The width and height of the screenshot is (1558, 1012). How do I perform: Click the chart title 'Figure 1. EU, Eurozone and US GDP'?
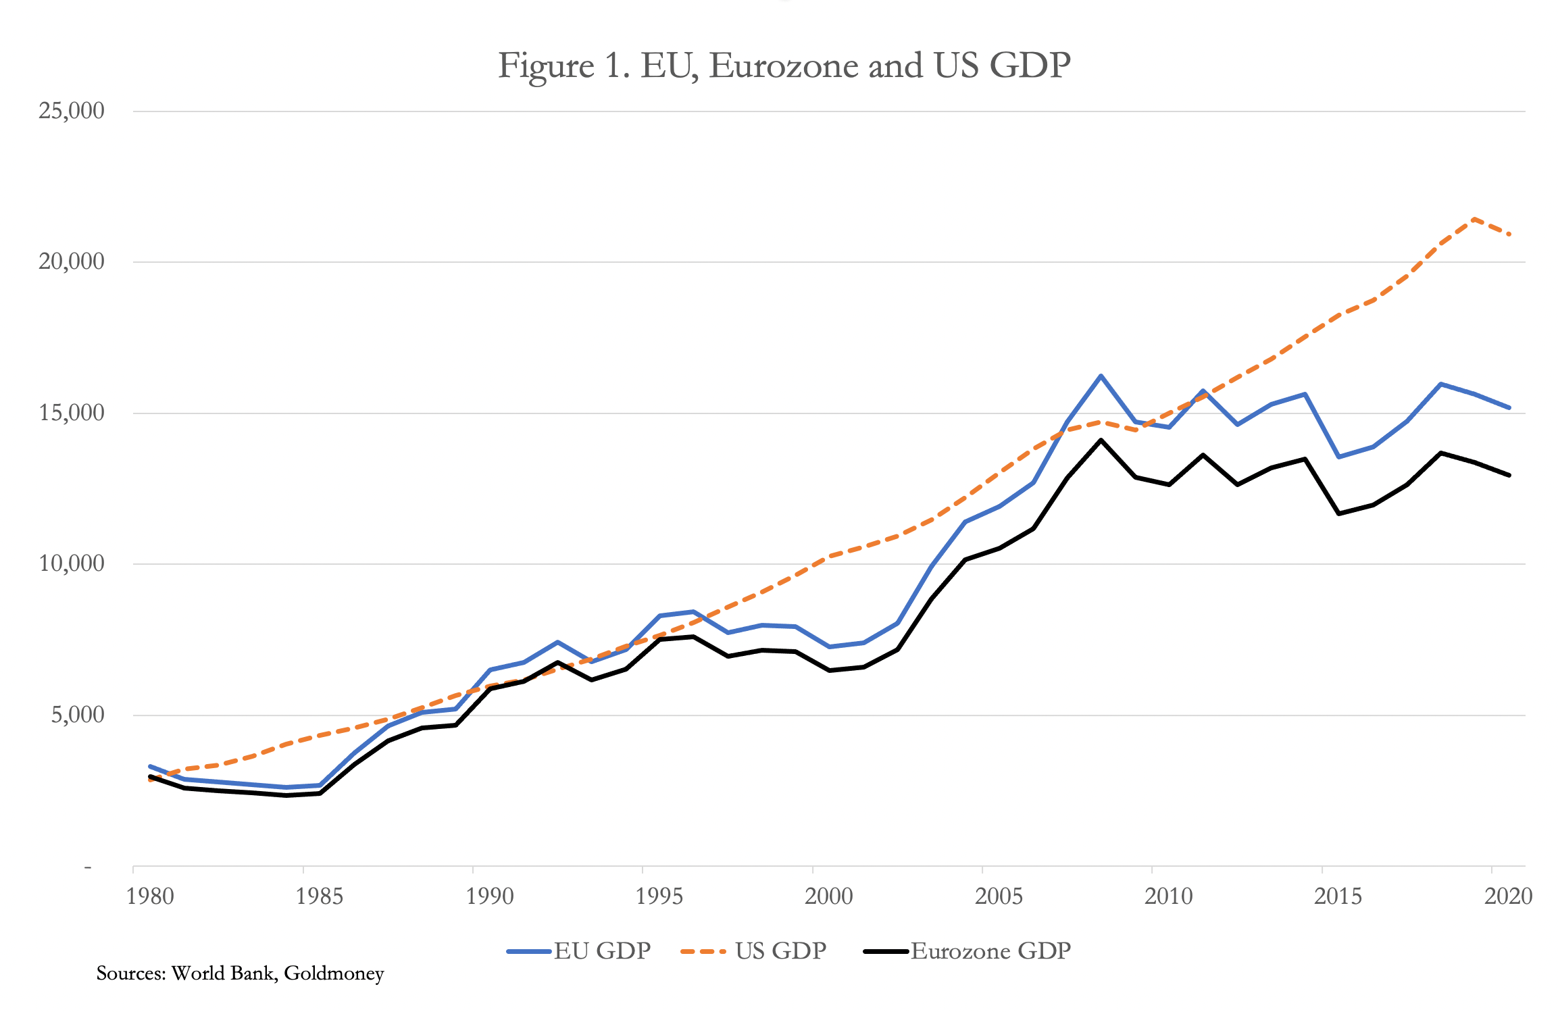coord(784,66)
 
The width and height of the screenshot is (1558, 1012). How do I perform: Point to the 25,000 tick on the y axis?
coord(72,111)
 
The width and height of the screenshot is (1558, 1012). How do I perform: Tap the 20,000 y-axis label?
coord(72,261)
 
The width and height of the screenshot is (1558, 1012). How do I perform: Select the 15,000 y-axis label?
coord(72,413)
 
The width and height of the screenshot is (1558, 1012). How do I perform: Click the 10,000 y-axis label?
coord(72,563)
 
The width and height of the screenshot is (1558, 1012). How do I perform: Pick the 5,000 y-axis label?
coord(78,715)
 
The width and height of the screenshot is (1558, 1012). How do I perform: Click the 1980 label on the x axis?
coord(150,896)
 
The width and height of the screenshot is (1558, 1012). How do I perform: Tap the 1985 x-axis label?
coord(320,896)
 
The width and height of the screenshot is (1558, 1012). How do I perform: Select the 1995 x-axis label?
coord(659,896)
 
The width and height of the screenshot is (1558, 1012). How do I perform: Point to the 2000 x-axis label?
coord(829,896)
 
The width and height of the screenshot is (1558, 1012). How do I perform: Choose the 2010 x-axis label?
coord(1169,896)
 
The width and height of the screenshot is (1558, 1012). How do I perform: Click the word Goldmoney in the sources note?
coord(334,973)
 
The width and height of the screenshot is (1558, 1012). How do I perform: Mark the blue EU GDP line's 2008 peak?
coord(1101,376)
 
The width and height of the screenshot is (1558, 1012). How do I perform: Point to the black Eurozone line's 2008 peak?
coord(1101,440)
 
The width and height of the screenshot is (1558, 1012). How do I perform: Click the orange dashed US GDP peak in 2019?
coord(1474,219)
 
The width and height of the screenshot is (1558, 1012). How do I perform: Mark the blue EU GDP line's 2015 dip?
coord(1339,457)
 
